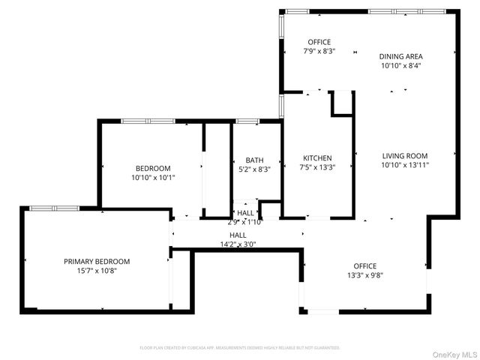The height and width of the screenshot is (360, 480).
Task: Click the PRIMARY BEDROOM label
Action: pos(96,261)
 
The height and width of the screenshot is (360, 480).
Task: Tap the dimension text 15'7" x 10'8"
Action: pos(96,270)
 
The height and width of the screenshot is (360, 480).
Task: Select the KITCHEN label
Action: pos(317,158)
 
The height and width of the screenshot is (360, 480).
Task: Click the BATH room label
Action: pos(254,160)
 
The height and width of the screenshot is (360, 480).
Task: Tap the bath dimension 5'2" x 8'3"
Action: pos(254,169)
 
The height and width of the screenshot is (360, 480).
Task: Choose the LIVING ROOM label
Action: pos(405,155)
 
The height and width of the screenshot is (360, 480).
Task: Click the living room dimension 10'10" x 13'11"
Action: pos(405,165)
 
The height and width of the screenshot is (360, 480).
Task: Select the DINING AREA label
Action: pos(400,56)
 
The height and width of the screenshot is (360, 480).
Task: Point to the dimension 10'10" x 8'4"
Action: pos(400,65)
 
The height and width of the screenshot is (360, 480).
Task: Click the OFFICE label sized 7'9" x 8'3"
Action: pos(319,42)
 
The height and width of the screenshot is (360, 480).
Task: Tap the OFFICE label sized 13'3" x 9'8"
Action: pos(365,266)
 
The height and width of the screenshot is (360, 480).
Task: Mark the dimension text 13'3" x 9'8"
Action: pos(365,275)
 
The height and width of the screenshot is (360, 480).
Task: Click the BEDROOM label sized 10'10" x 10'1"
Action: pos(153,168)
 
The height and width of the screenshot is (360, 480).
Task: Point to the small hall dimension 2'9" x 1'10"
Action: pos(244,222)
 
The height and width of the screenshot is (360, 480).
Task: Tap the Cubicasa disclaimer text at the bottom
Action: pos(240,348)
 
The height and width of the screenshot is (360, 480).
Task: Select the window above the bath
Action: pos(247,121)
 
